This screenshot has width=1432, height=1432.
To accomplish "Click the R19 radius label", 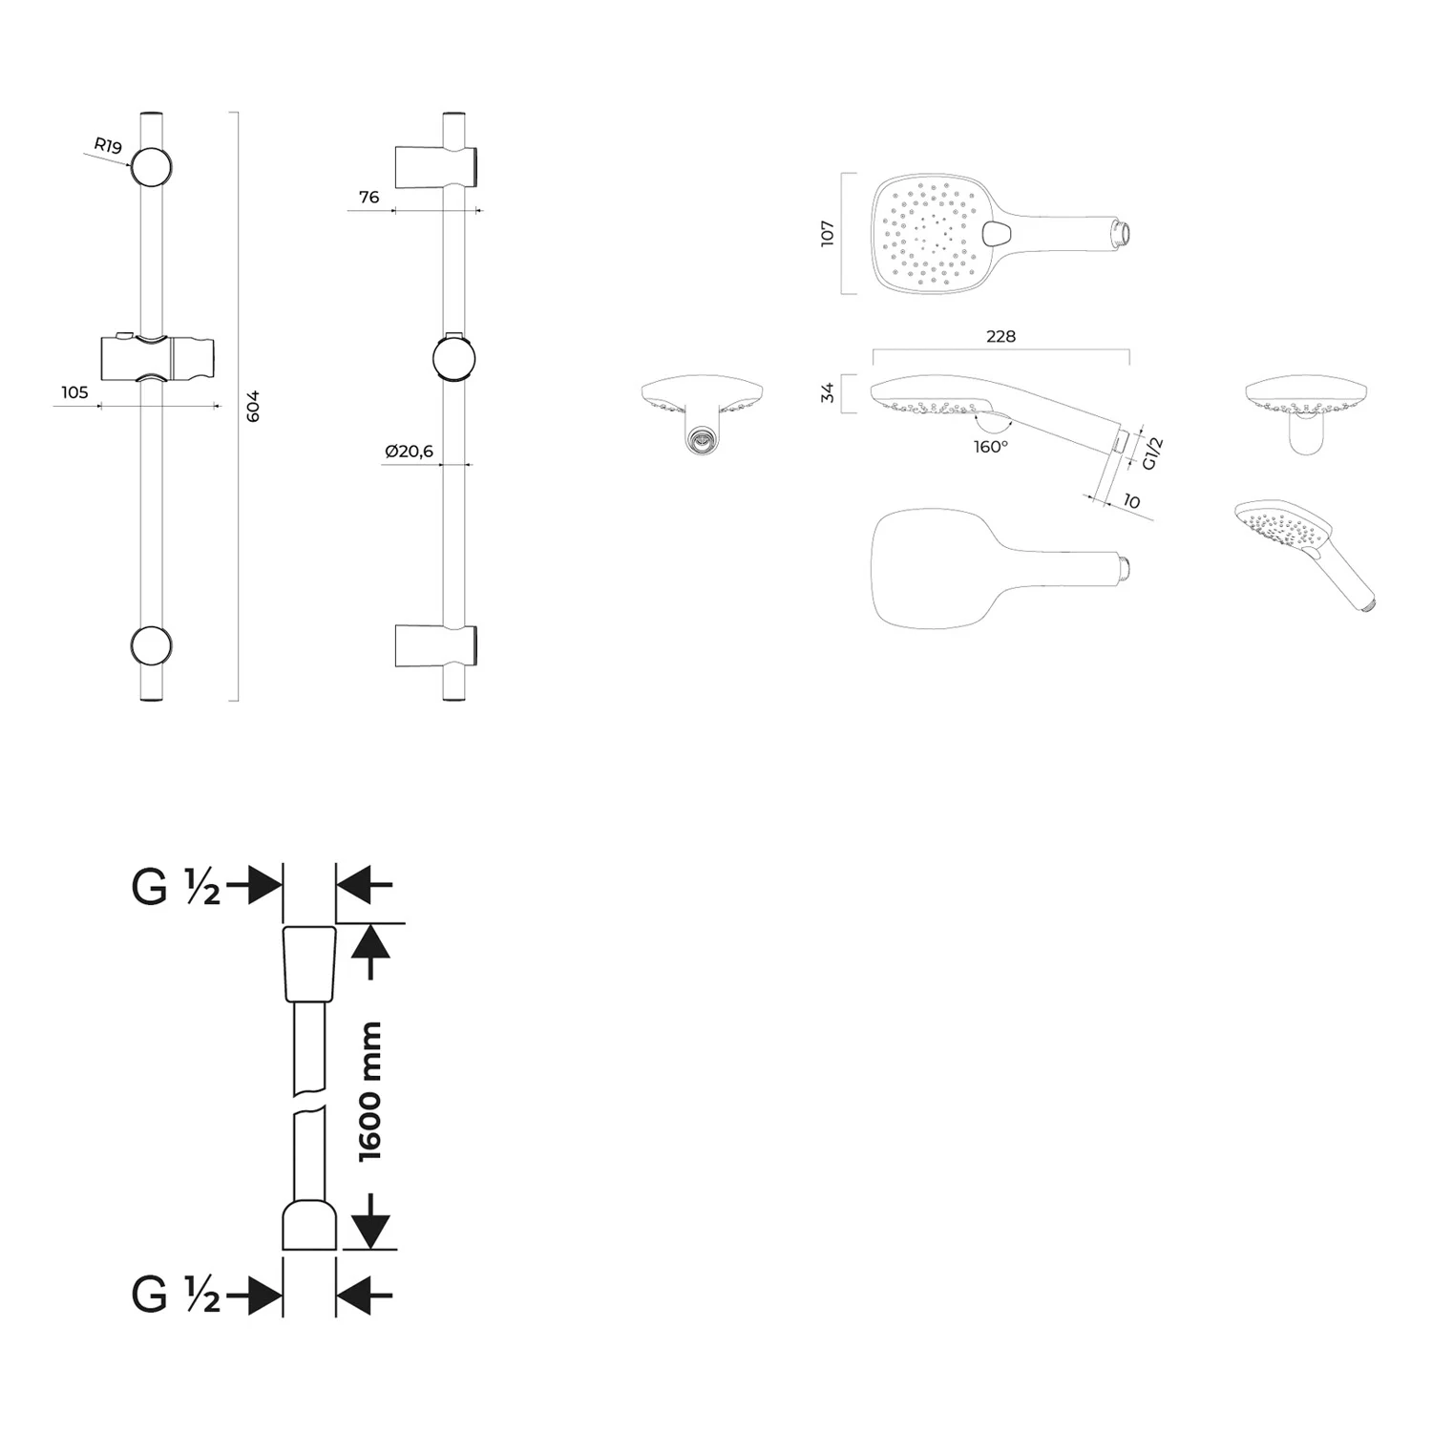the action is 108,146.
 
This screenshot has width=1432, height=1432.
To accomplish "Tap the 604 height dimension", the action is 252,406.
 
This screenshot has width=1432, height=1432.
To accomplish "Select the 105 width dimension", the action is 74,392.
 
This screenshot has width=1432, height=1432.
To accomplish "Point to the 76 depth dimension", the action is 369,198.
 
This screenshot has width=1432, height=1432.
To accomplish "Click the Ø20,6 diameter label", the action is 409,452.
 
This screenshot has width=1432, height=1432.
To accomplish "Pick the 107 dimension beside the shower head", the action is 827,234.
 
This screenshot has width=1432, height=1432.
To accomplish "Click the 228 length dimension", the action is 1000,336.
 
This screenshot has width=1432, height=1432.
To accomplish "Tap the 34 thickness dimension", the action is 827,392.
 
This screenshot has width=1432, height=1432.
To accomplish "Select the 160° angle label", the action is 991,447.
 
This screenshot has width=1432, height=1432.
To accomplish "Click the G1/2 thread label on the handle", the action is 1152,453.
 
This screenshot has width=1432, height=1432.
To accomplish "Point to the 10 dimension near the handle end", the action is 1131,501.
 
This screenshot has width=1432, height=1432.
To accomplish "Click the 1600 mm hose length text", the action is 369,1091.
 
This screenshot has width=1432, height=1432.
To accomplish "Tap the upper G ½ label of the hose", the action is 176,887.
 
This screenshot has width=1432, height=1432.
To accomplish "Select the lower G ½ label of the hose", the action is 176,1295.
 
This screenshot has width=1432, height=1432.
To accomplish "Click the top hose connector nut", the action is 309,963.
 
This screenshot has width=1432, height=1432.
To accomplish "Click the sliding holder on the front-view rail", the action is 158,357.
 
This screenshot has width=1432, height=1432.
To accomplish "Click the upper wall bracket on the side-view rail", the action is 436,167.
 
